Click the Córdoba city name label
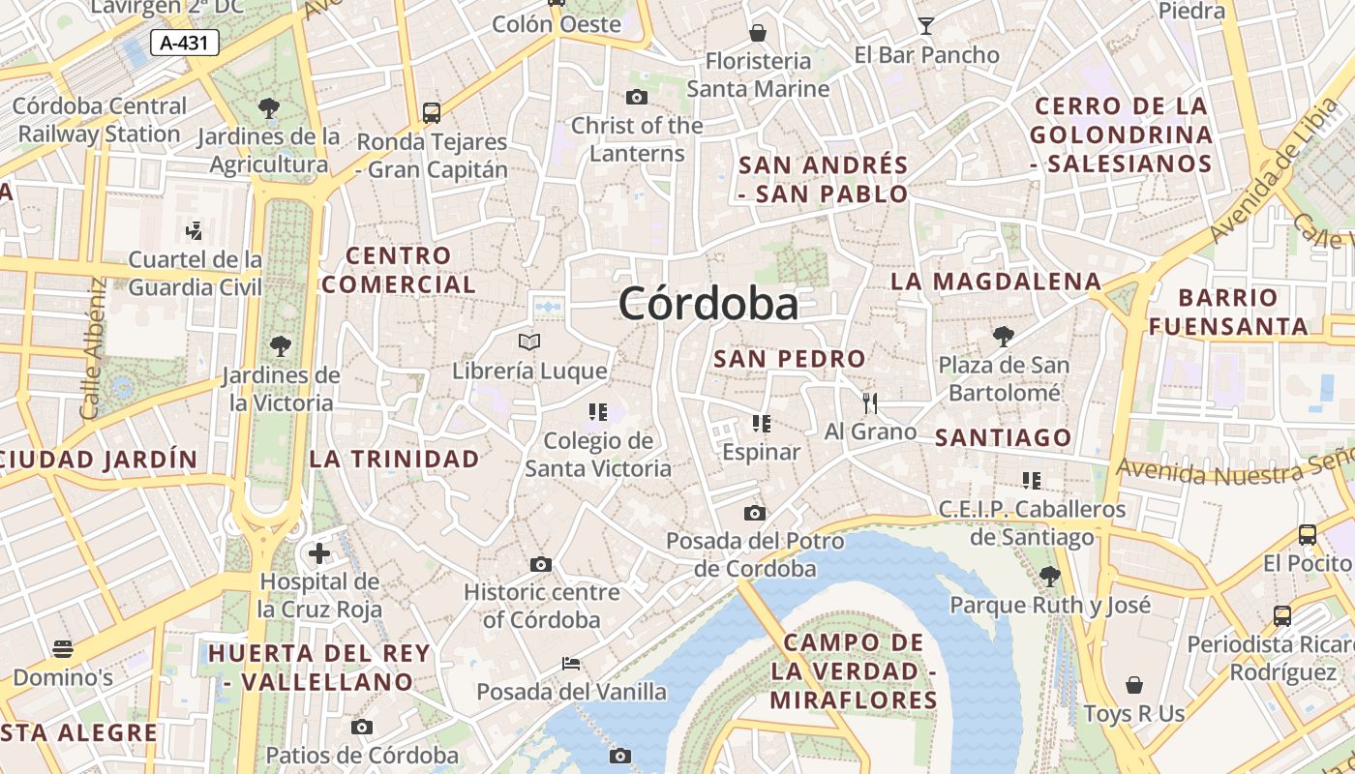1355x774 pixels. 708,304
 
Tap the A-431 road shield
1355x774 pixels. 185,43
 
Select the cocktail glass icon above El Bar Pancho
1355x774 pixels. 926,26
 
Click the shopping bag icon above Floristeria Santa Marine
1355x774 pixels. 758,32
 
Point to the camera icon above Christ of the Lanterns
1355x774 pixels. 636,97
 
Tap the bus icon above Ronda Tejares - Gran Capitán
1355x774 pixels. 432,112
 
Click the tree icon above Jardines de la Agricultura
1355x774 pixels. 269,108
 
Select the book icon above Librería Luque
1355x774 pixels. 529,342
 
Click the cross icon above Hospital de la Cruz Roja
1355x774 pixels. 319,553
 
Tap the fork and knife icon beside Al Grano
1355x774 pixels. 869,402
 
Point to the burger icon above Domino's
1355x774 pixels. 63,648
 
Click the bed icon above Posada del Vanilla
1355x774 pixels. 571,664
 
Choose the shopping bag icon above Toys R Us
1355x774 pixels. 1134,685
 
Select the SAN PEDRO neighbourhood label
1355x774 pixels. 789,359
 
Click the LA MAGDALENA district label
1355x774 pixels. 996,282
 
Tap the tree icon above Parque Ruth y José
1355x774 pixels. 1049,577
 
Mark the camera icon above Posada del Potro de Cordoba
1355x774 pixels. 755,513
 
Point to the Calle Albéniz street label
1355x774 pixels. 93,348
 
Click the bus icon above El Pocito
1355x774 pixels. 1307,534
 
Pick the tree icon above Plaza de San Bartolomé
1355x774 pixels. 1004,337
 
